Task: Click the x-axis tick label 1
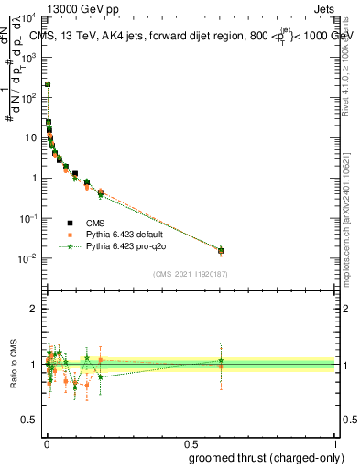click(334, 443)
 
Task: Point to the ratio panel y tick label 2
click(34, 309)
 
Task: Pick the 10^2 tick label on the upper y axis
click(30, 96)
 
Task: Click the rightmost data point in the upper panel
click(220, 250)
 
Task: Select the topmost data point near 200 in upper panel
click(48, 84)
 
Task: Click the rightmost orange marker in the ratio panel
click(220, 366)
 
